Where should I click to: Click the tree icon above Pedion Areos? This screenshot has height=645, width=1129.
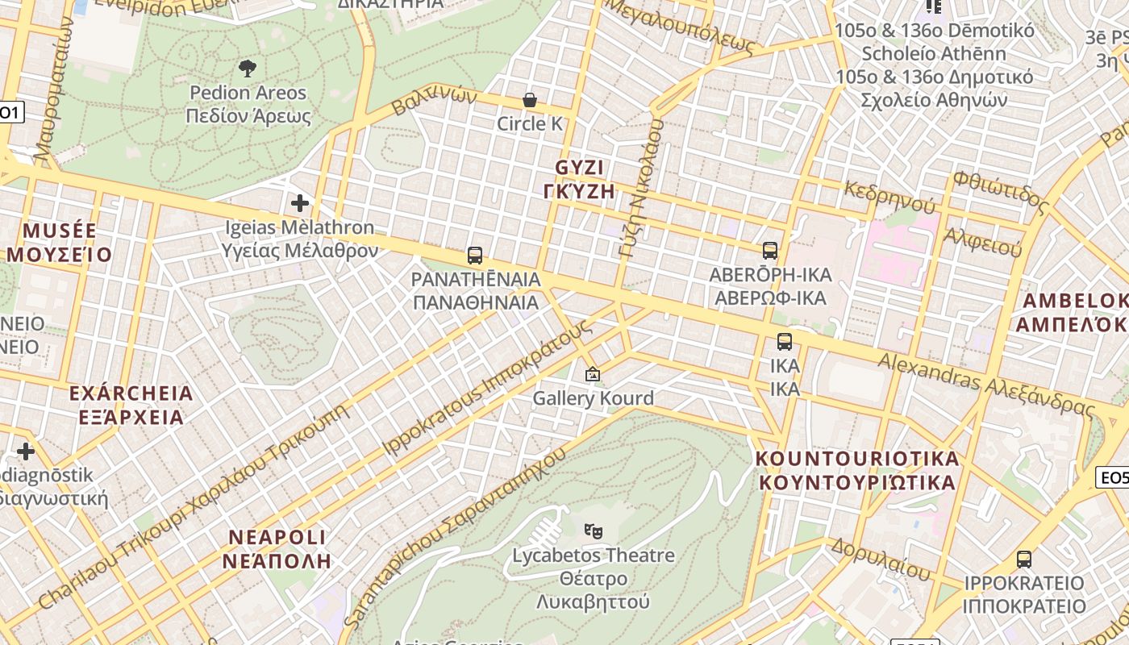click(x=248, y=69)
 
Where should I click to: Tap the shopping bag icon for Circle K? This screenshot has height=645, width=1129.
click(x=530, y=100)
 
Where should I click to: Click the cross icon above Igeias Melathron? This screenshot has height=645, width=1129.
click(x=300, y=203)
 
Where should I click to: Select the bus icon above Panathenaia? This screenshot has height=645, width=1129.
click(x=475, y=256)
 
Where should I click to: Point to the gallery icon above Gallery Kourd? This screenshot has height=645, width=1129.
click(x=593, y=374)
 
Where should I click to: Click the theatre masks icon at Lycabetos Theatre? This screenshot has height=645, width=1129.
click(x=594, y=531)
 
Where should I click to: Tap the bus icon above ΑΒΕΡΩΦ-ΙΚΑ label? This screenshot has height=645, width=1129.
click(x=770, y=251)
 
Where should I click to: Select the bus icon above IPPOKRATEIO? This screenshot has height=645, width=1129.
click(x=1024, y=559)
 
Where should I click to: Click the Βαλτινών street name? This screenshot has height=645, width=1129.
click(x=435, y=101)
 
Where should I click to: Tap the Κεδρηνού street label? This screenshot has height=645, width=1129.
click(x=889, y=195)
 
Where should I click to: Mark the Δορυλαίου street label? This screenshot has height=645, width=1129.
click(x=880, y=557)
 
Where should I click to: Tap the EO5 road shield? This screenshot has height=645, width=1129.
click(x=1114, y=478)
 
